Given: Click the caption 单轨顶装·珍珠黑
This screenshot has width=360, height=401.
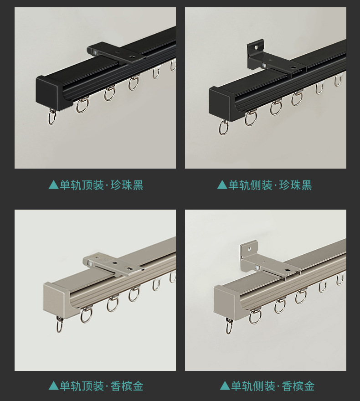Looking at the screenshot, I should pos(101,185).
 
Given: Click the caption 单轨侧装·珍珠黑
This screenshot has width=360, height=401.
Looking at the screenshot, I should pos(270,185).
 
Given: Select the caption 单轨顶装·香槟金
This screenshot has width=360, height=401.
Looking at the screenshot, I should pos(101,386).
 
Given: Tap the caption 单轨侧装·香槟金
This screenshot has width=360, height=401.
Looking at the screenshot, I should pos(273,386).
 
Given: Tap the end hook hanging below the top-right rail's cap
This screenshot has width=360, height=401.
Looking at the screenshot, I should pos(223,127).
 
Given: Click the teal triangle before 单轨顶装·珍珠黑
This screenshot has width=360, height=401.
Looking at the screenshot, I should pos(54,185).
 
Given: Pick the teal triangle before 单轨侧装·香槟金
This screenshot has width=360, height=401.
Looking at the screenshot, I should pos(225,386).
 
